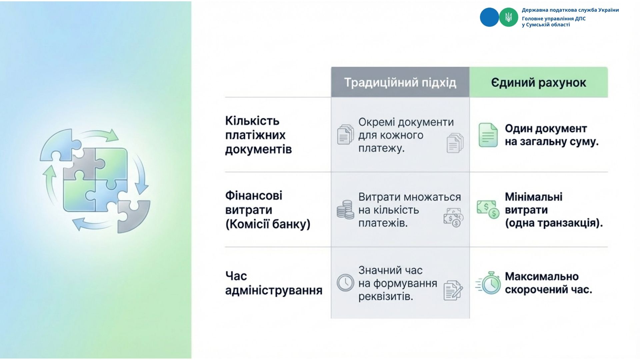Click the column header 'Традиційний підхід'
click(400, 82)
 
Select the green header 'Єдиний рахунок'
click(538, 83)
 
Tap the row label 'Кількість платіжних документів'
click(258, 135)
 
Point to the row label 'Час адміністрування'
click(274, 283)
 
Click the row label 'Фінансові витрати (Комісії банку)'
click(268, 210)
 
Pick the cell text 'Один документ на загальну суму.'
click(552, 135)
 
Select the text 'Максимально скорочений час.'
click(548, 283)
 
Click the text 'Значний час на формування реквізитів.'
click(398, 283)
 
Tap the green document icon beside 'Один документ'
click(488, 135)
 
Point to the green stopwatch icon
click(488, 283)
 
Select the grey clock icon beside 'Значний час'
click(345, 283)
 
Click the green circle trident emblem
click(509, 17)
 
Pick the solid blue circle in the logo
click(489, 17)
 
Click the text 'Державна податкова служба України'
click(570, 10)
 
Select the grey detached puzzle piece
click(133, 216)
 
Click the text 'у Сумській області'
click(546, 25)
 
